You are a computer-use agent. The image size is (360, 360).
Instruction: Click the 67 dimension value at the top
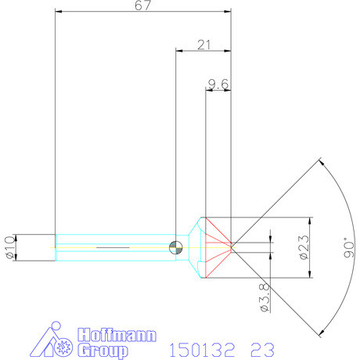[143, 5]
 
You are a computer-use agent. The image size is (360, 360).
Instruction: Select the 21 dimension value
[204, 45]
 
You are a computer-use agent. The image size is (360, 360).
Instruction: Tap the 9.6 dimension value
[218, 84]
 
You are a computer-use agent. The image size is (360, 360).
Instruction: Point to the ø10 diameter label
[9, 247]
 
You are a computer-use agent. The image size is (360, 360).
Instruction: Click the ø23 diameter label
[304, 247]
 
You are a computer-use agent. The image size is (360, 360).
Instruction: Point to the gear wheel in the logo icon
[63, 346]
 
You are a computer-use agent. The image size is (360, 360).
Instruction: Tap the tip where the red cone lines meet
[233, 247]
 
